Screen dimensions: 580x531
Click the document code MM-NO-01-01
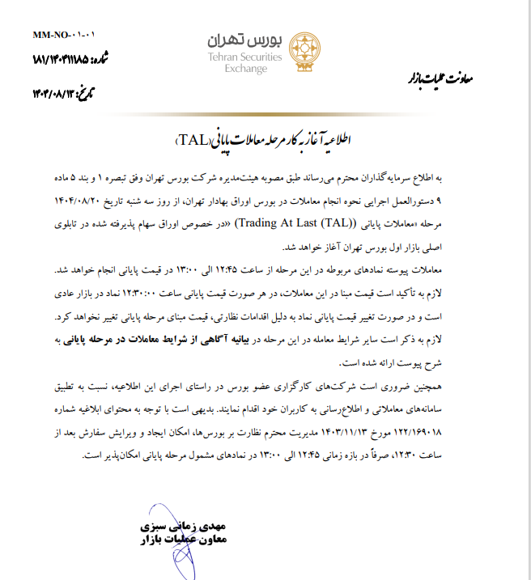pos(64,36)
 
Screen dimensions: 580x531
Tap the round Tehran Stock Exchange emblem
pos(300,52)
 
